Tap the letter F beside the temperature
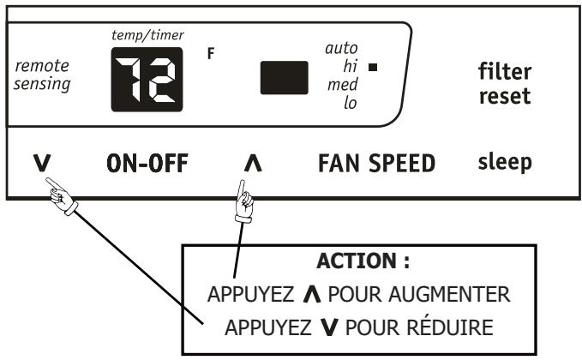[x=213, y=52]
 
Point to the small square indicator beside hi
[x=371, y=65]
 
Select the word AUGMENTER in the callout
[x=457, y=294]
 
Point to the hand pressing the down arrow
[x=62, y=196]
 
